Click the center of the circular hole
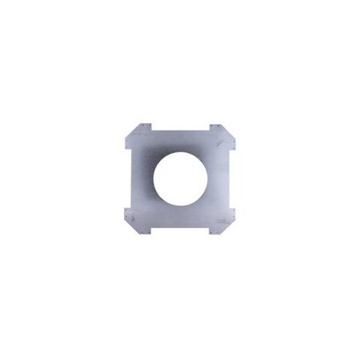pyautogui.click(x=182, y=179)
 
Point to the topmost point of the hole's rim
pyautogui.click(x=182, y=150)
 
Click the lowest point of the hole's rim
pyautogui.click(x=182, y=210)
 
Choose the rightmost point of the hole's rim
pyautogui.click(x=211, y=179)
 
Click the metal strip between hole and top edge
pyautogui.click(x=182, y=141)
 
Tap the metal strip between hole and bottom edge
pyautogui.click(x=182, y=219)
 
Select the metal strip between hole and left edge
pyautogui.click(x=139, y=179)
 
